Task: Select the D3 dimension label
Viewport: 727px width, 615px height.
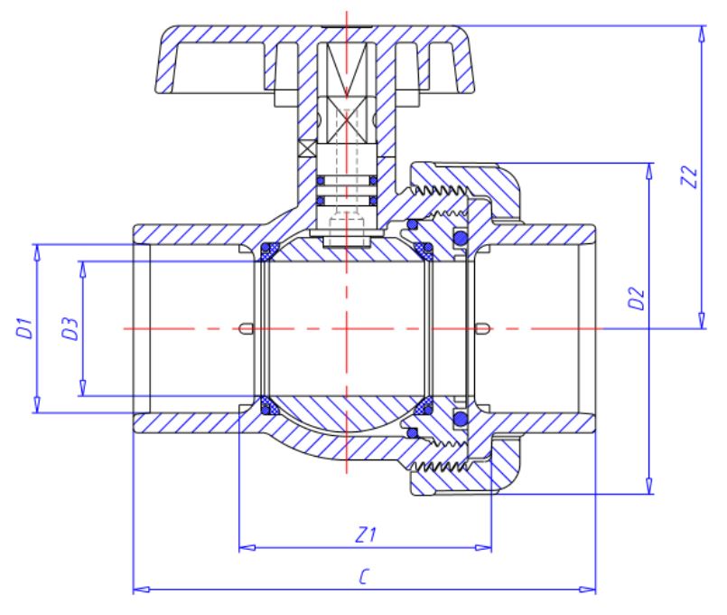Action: pos(69,327)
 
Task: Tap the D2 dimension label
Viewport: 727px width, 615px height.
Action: pos(637,298)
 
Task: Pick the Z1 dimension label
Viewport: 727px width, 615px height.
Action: pos(365,535)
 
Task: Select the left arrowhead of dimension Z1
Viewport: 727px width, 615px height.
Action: pos(243,547)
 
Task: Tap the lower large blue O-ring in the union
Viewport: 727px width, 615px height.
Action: pos(459,418)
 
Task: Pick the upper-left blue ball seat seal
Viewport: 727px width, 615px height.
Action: pos(266,249)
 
